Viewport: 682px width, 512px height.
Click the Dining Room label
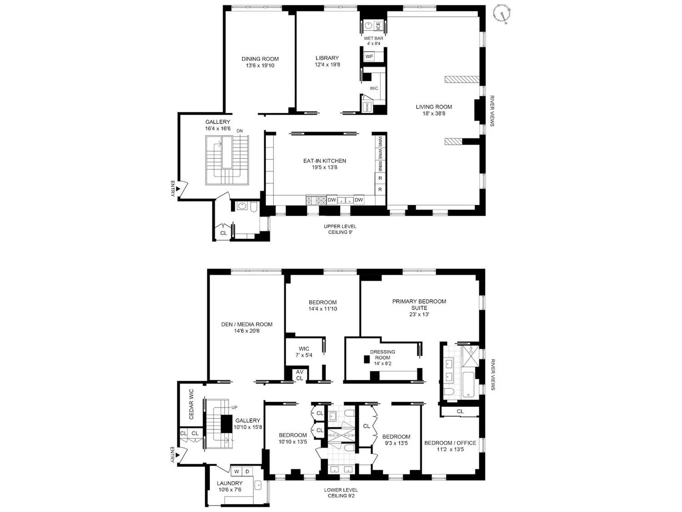coord(260,59)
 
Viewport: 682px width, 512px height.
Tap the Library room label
coord(327,58)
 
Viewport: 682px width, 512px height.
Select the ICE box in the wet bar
coord(378,26)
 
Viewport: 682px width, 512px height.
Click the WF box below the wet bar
coord(369,56)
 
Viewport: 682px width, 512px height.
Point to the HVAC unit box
coord(367,106)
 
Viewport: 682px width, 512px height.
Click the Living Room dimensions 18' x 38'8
coord(433,113)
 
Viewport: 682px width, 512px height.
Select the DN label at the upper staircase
coord(240,131)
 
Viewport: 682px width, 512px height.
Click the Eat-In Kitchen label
coord(325,161)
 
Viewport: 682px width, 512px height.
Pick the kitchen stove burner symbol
coord(316,200)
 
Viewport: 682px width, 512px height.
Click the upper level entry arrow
coord(178,189)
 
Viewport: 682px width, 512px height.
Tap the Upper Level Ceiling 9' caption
coord(340,229)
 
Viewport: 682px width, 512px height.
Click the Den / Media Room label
coord(247,324)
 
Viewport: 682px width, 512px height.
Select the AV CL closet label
coord(300,375)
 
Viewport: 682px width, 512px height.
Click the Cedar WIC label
coord(191,404)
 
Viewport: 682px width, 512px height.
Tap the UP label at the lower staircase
coord(234,407)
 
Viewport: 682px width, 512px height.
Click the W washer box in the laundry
coord(237,471)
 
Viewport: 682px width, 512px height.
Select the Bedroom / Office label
coord(450,443)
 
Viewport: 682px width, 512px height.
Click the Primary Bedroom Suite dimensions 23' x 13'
coord(419,314)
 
